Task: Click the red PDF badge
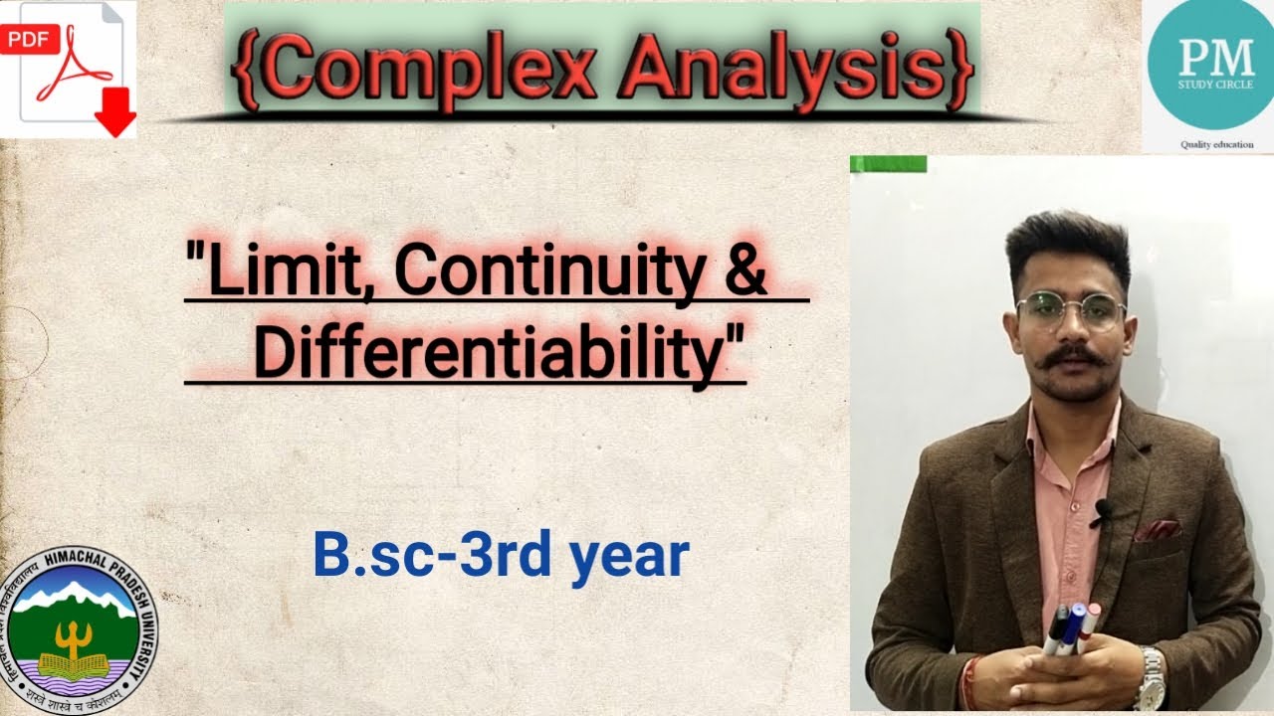coord(27,40)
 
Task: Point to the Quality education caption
coord(1216,144)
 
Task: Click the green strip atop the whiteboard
coord(888,164)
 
